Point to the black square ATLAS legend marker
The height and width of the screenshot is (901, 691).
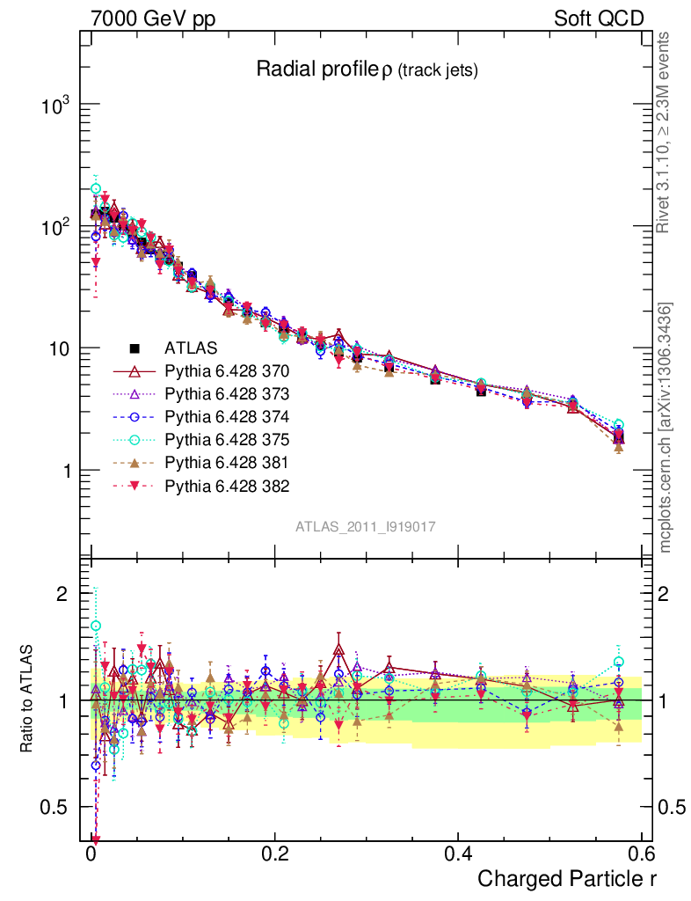pos(135,347)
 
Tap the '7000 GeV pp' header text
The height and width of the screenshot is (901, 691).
pos(151,18)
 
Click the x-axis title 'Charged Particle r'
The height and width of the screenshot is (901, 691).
pos(567,878)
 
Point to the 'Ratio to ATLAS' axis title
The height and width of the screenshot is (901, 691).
pos(29,700)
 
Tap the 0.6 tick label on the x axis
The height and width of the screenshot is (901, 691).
pos(640,854)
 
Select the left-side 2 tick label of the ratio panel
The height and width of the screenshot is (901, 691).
pos(62,594)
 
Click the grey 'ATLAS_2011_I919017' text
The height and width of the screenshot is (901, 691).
pos(366,526)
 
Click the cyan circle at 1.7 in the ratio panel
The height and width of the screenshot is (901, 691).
pos(96,626)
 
